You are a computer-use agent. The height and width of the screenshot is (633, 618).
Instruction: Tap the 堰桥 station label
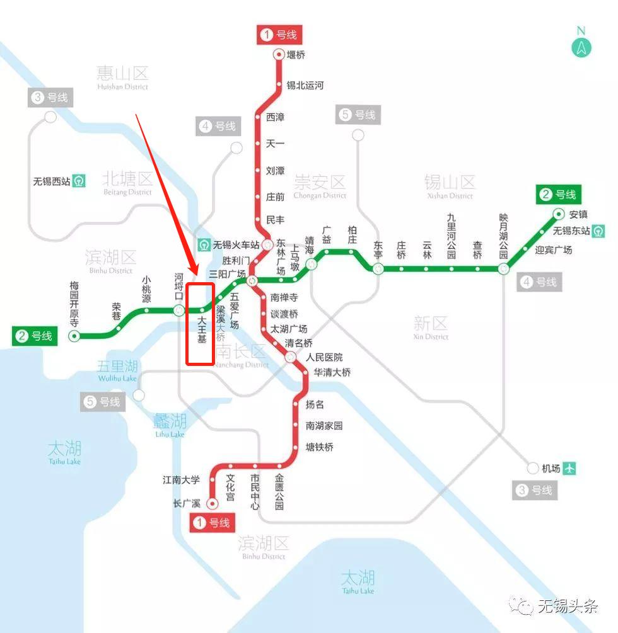(296, 55)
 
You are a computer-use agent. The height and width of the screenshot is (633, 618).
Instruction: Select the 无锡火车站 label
(236, 244)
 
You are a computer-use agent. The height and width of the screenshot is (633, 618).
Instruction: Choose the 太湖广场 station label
(289, 329)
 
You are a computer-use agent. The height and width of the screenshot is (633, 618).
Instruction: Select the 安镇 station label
(578, 214)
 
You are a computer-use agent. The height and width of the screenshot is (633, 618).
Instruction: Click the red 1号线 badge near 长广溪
(213, 523)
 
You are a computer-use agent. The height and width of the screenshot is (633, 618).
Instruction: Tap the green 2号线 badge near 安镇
(558, 195)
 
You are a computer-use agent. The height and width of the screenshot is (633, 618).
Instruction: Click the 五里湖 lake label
(117, 367)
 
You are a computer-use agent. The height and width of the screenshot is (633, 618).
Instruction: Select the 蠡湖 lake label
(170, 421)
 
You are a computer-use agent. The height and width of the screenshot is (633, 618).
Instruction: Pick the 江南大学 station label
(181, 480)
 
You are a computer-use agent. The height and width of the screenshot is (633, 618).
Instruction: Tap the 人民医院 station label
(324, 357)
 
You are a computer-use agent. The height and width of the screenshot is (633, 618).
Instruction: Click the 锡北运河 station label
(305, 85)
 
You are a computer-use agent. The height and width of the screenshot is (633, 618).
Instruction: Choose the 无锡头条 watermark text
(567, 606)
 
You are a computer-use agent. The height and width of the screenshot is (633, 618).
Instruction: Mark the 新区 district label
(431, 324)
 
